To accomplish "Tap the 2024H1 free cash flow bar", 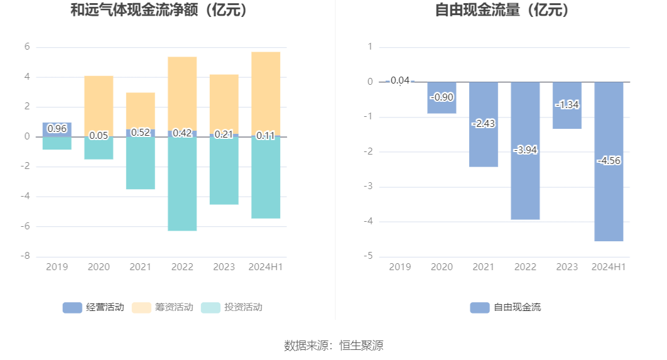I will (x=609, y=201).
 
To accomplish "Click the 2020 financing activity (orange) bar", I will (x=99, y=104).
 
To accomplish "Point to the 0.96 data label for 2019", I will (x=57, y=129).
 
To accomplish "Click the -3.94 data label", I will (x=525, y=150).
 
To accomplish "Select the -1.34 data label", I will (x=567, y=105).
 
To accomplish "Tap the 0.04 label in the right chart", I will (x=400, y=80).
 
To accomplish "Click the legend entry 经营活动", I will (x=94, y=307).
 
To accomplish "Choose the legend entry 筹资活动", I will (x=163, y=307).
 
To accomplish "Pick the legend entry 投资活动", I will (x=232, y=307).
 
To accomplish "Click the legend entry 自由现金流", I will (x=506, y=307).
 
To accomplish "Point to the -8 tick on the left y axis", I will (x=27, y=256).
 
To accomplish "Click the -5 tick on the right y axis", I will (x=370, y=256).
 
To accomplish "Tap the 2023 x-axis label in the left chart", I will (x=224, y=267).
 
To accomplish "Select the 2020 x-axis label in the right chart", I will (x=442, y=267).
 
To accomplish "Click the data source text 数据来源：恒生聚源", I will (x=333, y=345).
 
